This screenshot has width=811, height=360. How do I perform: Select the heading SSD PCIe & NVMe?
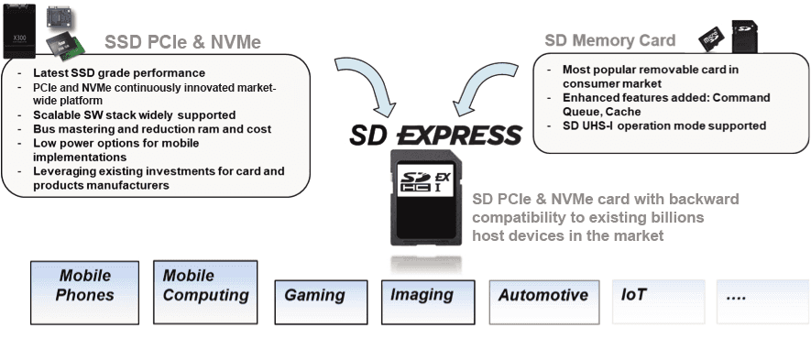click(182, 42)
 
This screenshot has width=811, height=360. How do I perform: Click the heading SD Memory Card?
click(609, 40)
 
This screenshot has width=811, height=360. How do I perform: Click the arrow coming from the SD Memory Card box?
click(484, 85)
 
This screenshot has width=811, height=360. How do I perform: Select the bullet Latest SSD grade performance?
click(118, 72)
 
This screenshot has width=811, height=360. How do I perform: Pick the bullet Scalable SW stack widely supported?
click(134, 115)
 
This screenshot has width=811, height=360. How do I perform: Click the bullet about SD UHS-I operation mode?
click(663, 125)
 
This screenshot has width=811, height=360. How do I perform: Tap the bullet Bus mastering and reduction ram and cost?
click(151, 129)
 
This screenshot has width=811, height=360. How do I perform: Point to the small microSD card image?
click(710, 39)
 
